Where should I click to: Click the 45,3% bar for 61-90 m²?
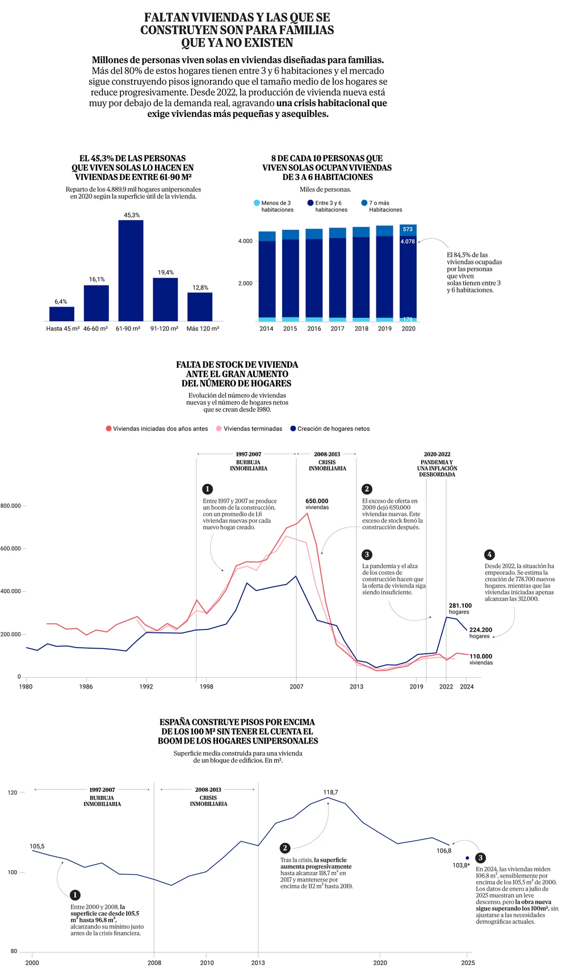tap(131, 270)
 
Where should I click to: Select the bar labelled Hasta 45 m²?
tap(62, 314)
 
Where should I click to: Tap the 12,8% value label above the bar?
tap(200, 288)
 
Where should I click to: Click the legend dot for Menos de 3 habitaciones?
tap(257, 203)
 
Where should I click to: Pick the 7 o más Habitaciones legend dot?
tap(364, 203)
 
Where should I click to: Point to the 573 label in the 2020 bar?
tap(408, 229)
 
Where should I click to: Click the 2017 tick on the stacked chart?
tap(337, 329)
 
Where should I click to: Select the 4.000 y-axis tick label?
tap(245, 241)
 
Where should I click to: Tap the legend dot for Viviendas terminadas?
tap(219, 429)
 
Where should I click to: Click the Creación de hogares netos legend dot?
tap(293, 429)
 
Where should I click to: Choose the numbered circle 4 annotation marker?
tap(489, 555)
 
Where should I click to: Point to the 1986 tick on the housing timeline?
tap(86, 687)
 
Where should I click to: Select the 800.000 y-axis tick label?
tap(10, 506)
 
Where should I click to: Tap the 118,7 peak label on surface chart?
tap(330, 792)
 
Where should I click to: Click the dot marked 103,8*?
tap(467, 858)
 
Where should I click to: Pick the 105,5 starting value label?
tap(37, 846)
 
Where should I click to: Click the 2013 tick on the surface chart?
tap(258, 963)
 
